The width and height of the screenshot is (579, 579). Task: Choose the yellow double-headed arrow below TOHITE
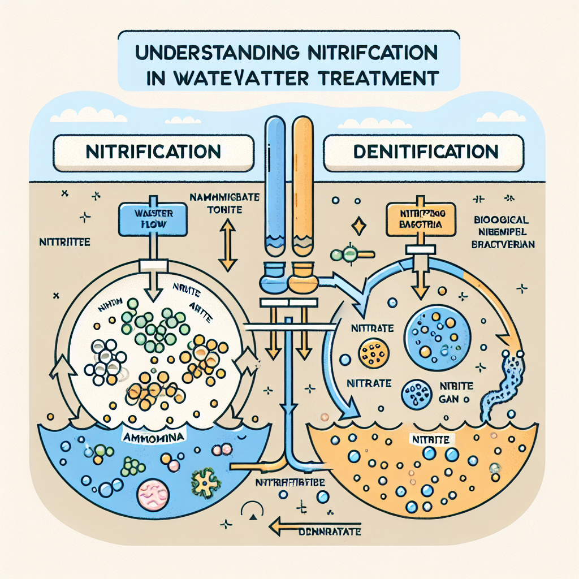pyautogui.click(x=227, y=244)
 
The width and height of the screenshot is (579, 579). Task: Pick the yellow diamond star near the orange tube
pyautogui.click(x=359, y=226)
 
